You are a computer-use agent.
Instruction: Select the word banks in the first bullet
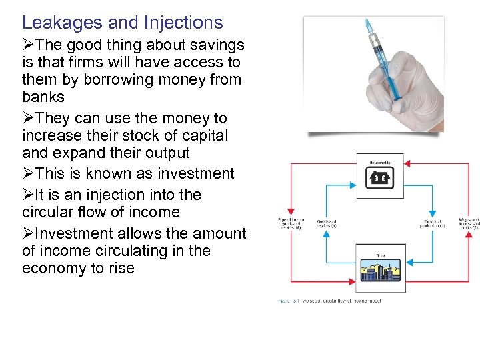tap(43, 97)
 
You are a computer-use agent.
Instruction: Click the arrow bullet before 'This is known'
tap(28, 174)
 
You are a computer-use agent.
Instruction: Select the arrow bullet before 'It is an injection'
tap(28, 195)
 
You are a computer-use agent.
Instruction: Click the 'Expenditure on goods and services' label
tap(291, 224)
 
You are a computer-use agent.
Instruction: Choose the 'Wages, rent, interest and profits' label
tap(468, 223)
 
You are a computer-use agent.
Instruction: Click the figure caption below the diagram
tap(329, 301)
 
